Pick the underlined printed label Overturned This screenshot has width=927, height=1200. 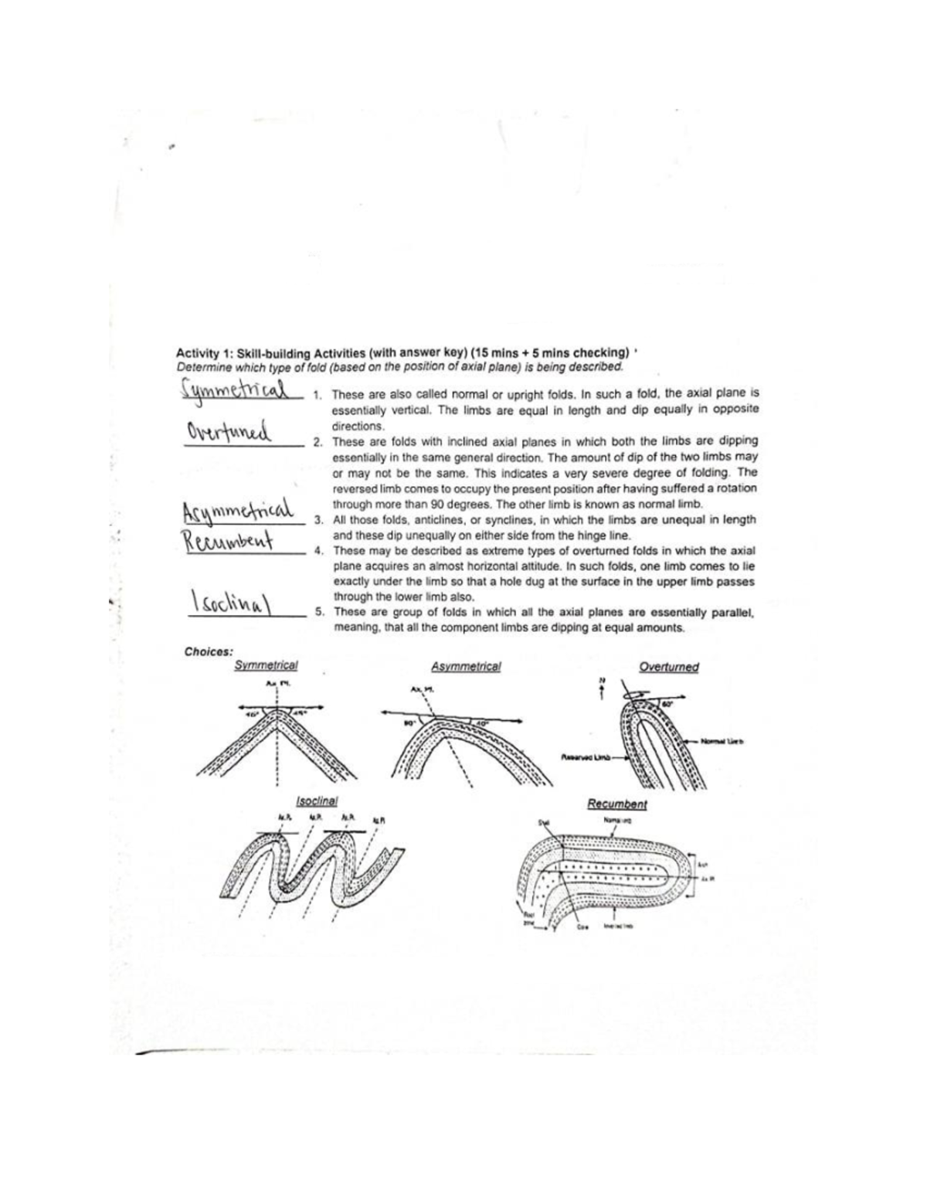tap(669, 666)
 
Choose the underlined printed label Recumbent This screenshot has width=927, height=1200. tap(616, 804)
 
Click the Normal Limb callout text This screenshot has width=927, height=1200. tap(722, 740)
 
